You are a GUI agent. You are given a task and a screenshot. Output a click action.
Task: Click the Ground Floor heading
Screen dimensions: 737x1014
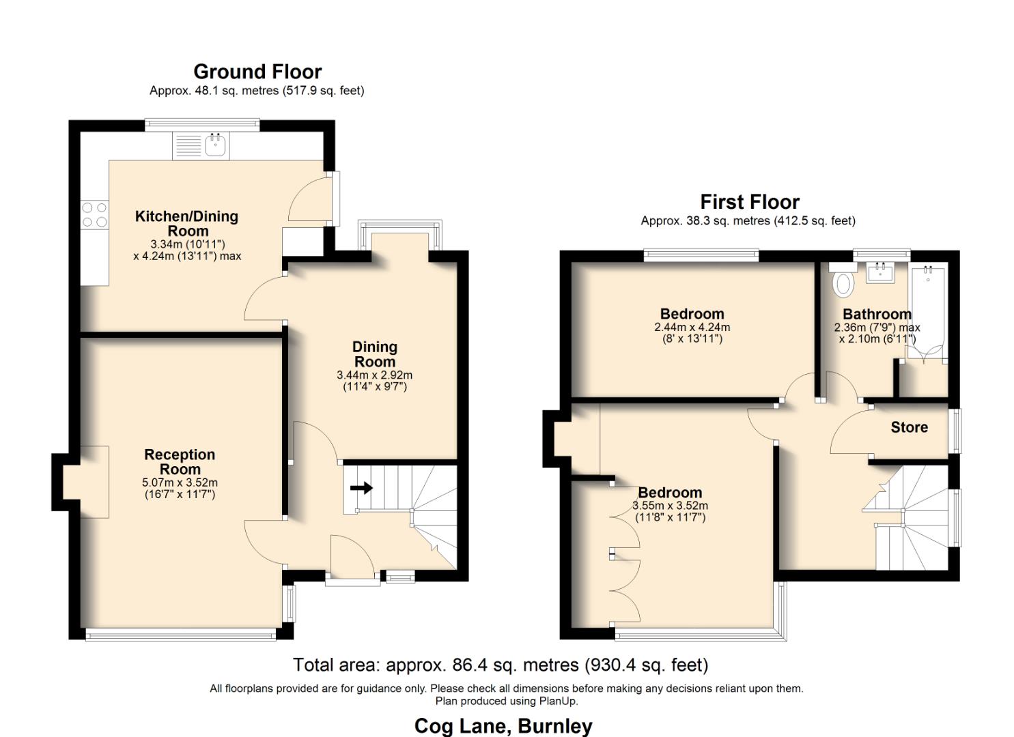257,72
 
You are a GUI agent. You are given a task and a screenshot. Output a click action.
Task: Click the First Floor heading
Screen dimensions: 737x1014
749,202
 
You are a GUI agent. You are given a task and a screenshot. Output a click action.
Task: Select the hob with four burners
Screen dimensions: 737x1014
94,214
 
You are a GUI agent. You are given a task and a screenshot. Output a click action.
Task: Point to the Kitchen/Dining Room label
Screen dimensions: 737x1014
186,224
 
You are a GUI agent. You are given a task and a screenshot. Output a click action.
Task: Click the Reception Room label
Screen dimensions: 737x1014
180,462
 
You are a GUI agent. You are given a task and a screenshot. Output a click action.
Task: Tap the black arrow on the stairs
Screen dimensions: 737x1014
361,488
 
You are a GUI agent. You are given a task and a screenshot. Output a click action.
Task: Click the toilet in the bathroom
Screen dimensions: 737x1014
845,283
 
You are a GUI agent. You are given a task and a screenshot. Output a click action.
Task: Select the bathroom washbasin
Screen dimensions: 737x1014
880,273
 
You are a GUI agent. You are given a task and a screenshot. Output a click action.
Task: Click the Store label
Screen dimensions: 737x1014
909,428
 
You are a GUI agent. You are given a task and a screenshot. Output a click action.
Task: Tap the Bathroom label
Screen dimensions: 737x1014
877,315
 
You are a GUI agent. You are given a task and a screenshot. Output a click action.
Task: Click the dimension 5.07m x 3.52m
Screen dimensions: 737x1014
180,483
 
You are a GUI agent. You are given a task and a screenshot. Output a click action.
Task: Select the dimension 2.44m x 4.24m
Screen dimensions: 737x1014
692,328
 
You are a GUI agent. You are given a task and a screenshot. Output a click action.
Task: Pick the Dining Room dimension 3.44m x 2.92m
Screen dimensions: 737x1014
374,375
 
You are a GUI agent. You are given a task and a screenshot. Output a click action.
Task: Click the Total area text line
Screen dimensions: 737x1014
501,665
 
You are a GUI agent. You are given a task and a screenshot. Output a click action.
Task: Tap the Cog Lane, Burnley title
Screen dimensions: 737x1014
503,726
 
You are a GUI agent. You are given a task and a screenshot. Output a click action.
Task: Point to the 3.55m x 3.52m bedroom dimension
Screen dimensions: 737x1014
670,506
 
